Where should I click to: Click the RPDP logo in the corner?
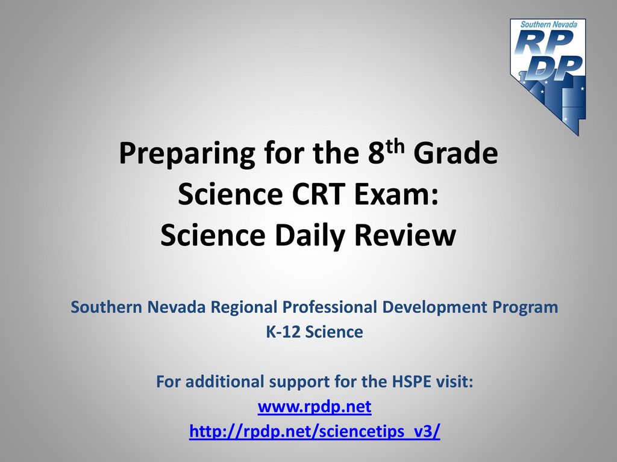click(x=548, y=76)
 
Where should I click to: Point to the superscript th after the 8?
click(x=394, y=146)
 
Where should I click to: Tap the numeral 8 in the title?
click(x=376, y=153)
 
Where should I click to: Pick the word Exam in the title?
click(x=396, y=194)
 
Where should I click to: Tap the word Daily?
click(x=310, y=236)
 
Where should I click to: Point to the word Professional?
click(x=330, y=307)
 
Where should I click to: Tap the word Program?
click(x=525, y=307)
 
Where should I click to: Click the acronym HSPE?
click(x=412, y=381)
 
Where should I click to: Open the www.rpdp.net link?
click(x=315, y=407)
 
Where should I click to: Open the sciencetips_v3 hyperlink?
click(x=315, y=431)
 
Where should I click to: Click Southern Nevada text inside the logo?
click(x=548, y=24)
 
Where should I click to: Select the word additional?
click(x=224, y=381)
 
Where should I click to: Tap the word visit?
click(x=454, y=381)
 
